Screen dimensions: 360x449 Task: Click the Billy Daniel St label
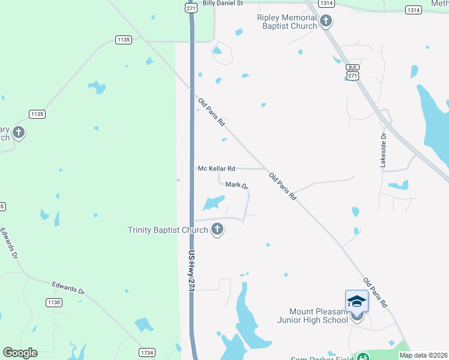coord(222,4)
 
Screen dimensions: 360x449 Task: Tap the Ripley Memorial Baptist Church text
coord(287,22)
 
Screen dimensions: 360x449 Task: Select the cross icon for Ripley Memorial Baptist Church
coord(326,22)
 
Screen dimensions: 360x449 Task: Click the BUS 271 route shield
coord(353,72)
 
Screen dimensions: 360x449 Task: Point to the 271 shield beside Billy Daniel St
coord(191,8)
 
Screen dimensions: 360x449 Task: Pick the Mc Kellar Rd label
coord(216,169)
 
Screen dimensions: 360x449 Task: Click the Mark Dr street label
coord(237,185)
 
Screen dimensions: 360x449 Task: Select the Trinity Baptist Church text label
coord(168,230)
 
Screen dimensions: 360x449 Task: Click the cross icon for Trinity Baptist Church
coord(217,229)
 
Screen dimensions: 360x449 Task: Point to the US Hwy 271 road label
coord(192,271)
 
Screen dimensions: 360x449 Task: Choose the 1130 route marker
coord(54,303)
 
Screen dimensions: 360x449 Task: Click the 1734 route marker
coord(147,352)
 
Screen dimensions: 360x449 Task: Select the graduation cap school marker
coord(356,301)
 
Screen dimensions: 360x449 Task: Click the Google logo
coord(20,353)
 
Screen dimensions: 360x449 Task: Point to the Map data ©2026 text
coord(423,355)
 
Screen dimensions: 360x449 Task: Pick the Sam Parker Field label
coord(321,358)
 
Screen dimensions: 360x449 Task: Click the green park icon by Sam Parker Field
coord(362,358)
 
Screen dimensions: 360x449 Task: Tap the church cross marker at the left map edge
coord(19,132)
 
